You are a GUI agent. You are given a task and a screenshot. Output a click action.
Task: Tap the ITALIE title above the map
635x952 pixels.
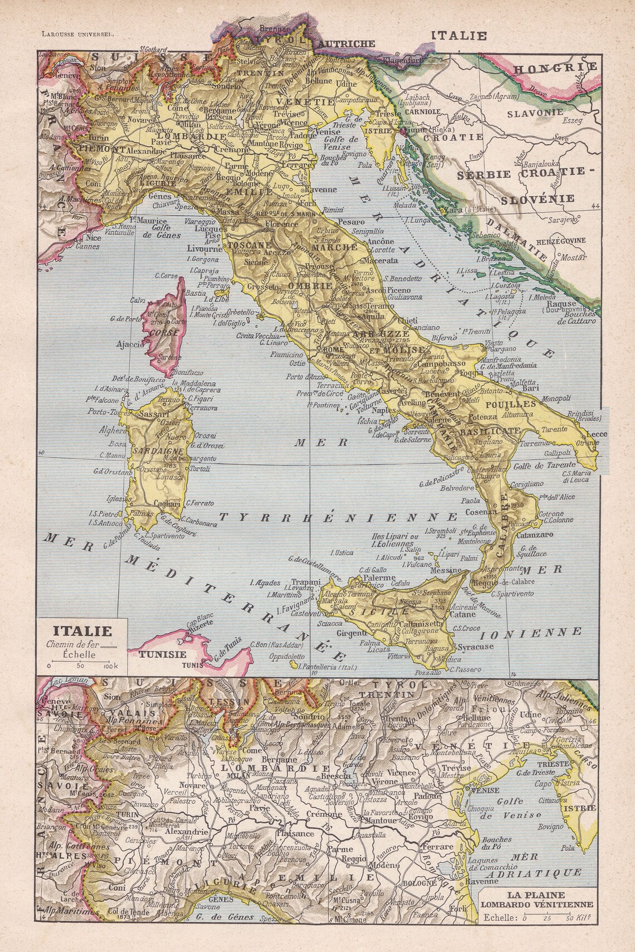[460, 36]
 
